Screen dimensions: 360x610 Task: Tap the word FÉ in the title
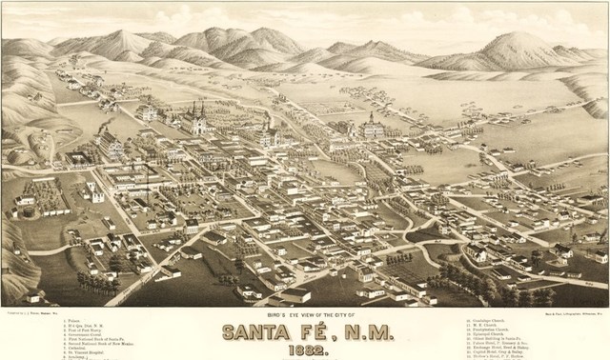[x=327, y=332]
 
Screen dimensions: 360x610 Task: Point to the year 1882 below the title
[x=305, y=350]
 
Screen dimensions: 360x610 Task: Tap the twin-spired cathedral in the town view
[x=197, y=118]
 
